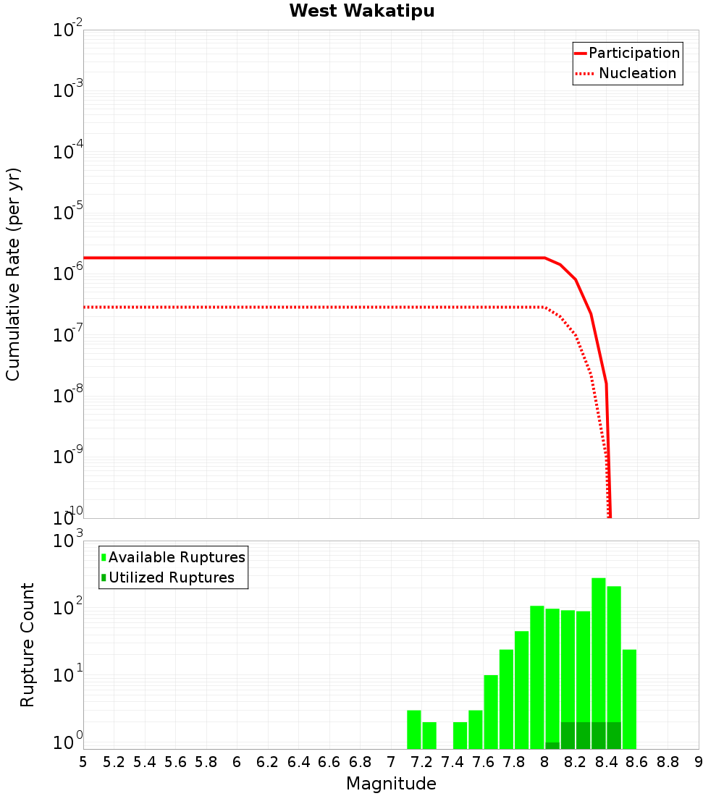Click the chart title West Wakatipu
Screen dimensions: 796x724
click(362, 12)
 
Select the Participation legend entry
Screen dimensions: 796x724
click(633, 54)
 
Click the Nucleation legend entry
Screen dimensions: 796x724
click(637, 74)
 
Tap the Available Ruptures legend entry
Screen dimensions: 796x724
click(176, 558)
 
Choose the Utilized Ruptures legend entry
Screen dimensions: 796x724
click(171, 578)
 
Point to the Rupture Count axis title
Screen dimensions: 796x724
click(28, 644)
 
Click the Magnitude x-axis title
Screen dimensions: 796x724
click(391, 784)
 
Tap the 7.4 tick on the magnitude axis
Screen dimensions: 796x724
click(452, 762)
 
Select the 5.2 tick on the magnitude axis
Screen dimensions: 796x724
click(114, 762)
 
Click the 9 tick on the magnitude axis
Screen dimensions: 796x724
click(699, 762)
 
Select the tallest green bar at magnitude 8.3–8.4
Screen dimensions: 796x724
click(599, 651)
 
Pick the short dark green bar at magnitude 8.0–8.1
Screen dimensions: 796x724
click(552, 745)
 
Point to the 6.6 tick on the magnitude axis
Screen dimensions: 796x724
click(329, 762)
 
